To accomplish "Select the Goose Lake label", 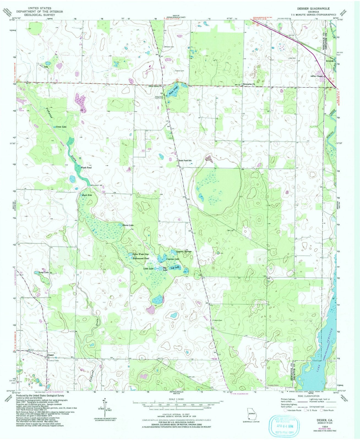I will (61, 127).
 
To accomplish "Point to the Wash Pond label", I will (86, 167).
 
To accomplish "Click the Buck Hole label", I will (87, 195).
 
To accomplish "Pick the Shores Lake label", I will (128, 225).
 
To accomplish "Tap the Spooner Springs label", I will (184, 251).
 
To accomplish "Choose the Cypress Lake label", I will (173, 259).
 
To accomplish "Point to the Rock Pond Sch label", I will (185, 160).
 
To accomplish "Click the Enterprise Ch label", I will (249, 84).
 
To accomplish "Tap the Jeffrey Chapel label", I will (316, 76).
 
